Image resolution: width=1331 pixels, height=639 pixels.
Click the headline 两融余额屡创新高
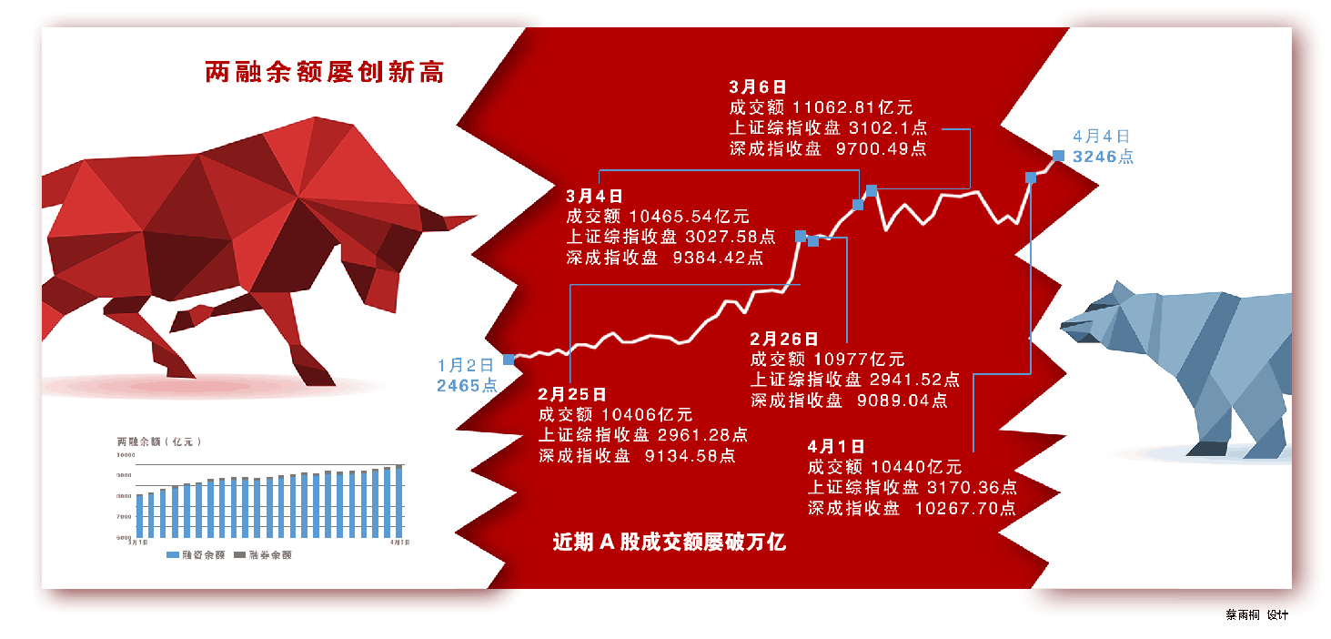click(325, 73)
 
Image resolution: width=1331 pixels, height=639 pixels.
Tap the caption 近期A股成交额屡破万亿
click(669, 543)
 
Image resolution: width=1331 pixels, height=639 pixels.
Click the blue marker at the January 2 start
click(509, 360)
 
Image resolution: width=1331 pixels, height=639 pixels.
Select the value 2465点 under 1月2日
click(467, 386)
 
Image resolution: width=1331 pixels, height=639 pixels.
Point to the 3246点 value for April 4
click(1104, 157)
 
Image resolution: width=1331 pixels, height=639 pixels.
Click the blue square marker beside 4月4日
click(1058, 156)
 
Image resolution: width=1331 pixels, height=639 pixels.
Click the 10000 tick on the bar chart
click(126, 454)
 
